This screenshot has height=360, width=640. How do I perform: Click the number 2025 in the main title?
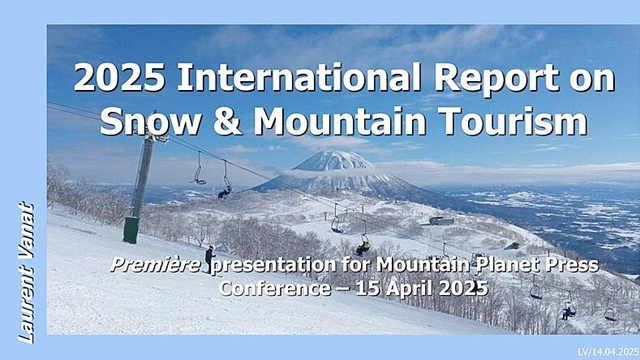pyautogui.click(x=119, y=79)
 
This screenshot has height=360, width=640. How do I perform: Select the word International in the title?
pyautogui.click(x=299, y=78)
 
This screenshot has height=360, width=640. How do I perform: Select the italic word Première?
pyautogui.click(x=156, y=265)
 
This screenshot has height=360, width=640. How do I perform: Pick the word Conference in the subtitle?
pyautogui.click(x=275, y=288)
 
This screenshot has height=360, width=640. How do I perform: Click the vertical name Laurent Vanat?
pyautogui.click(x=26, y=272)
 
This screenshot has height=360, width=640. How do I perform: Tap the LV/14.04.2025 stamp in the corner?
pyautogui.click(x=608, y=352)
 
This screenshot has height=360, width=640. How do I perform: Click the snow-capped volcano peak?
pyautogui.click(x=334, y=160)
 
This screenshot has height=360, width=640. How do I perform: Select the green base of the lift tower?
pyautogui.click(x=131, y=229)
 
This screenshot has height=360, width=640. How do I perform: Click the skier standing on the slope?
pyautogui.click(x=210, y=259)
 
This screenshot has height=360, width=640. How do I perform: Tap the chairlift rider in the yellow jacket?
pyautogui.click(x=363, y=246)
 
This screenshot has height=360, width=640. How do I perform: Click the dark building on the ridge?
pyautogui.click(x=441, y=221)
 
